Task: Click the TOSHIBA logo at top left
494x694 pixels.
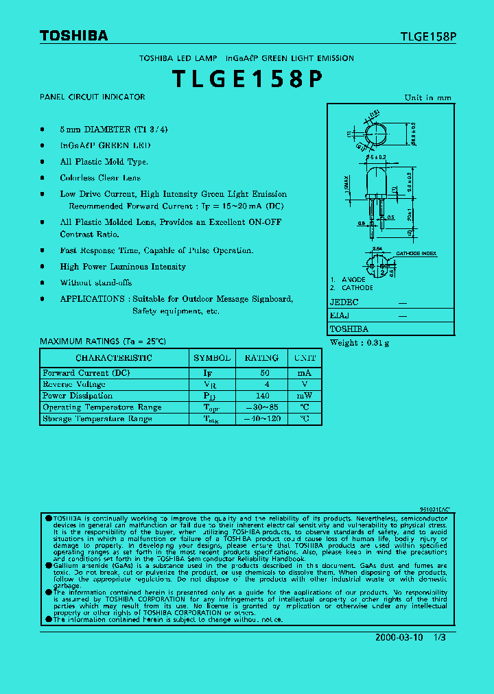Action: [73, 36]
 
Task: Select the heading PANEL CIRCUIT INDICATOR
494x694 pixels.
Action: [93, 97]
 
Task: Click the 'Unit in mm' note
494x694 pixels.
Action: [427, 98]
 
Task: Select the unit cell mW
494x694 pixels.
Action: [305, 396]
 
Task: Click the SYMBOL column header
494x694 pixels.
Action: [212, 358]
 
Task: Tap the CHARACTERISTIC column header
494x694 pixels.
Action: [114, 358]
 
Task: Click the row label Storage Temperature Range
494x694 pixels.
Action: [97, 419]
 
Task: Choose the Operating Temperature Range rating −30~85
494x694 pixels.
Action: [261, 407]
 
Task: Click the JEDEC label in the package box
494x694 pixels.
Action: [344, 302]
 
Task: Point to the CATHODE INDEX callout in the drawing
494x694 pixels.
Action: [416, 254]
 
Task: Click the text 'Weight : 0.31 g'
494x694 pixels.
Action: [360, 343]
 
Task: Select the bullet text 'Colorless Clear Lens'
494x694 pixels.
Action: [100, 178]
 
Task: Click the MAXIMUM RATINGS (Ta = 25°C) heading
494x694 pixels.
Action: [103, 342]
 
